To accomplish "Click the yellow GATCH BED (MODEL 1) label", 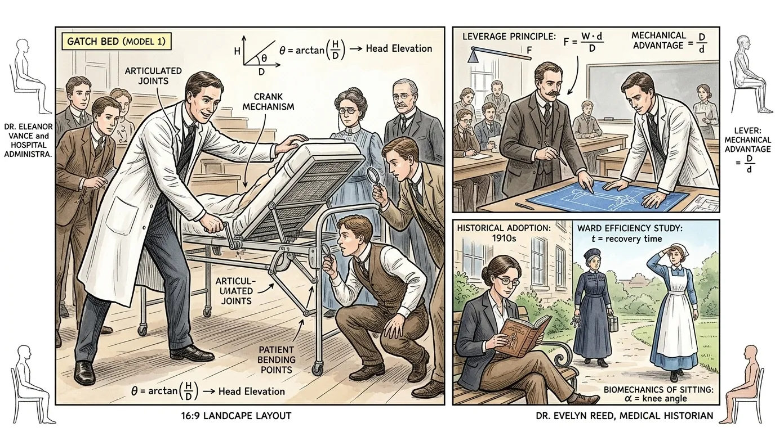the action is pyautogui.click(x=116, y=42).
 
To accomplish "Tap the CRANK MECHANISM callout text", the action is pyautogui.click(x=268, y=102).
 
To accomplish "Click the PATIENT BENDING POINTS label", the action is pyautogui.click(x=276, y=360).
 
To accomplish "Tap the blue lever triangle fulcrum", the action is pyautogui.click(x=473, y=57).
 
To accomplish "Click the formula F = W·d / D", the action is pyautogui.click(x=584, y=42).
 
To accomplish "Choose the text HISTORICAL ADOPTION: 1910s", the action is pyautogui.click(x=504, y=233).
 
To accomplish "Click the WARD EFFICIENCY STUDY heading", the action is pyautogui.click(x=630, y=228).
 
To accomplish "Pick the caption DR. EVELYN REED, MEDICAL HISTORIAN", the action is pyautogui.click(x=625, y=416).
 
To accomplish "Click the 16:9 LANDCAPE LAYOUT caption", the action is pyautogui.click(x=236, y=416).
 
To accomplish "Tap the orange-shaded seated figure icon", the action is pyautogui.click(x=744, y=384).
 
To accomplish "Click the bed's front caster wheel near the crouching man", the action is pyautogui.click(x=317, y=370).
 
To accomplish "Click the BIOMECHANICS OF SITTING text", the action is pyautogui.click(x=658, y=389).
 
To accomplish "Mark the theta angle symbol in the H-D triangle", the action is pyautogui.click(x=264, y=58).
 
